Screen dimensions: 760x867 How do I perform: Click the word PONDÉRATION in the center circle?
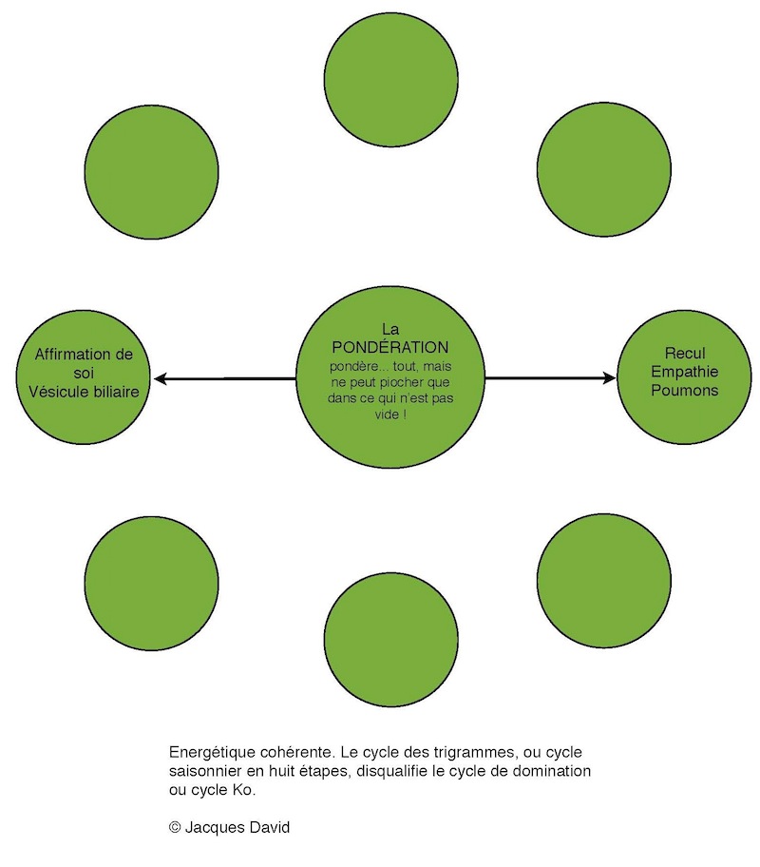tap(390, 347)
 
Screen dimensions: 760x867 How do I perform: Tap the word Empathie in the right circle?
tap(684, 372)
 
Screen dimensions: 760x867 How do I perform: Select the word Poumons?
tap(684, 391)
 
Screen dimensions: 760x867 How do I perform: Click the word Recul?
tap(685, 353)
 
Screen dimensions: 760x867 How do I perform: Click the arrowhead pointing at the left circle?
tap(161, 378)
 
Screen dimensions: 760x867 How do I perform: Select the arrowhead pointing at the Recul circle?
tap(609, 378)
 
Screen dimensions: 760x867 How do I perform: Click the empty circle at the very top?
tap(390, 80)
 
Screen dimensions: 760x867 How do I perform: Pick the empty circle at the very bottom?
tap(390, 639)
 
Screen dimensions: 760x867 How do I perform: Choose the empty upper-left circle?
tap(151, 172)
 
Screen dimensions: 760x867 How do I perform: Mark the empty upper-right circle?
tap(603, 169)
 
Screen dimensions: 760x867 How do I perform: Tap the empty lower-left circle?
tap(151, 584)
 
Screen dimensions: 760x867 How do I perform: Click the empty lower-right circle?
tap(603, 581)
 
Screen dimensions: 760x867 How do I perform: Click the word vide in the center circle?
tap(387, 414)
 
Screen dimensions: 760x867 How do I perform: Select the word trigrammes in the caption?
tap(475, 753)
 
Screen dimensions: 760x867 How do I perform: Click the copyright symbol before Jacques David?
tap(175, 827)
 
